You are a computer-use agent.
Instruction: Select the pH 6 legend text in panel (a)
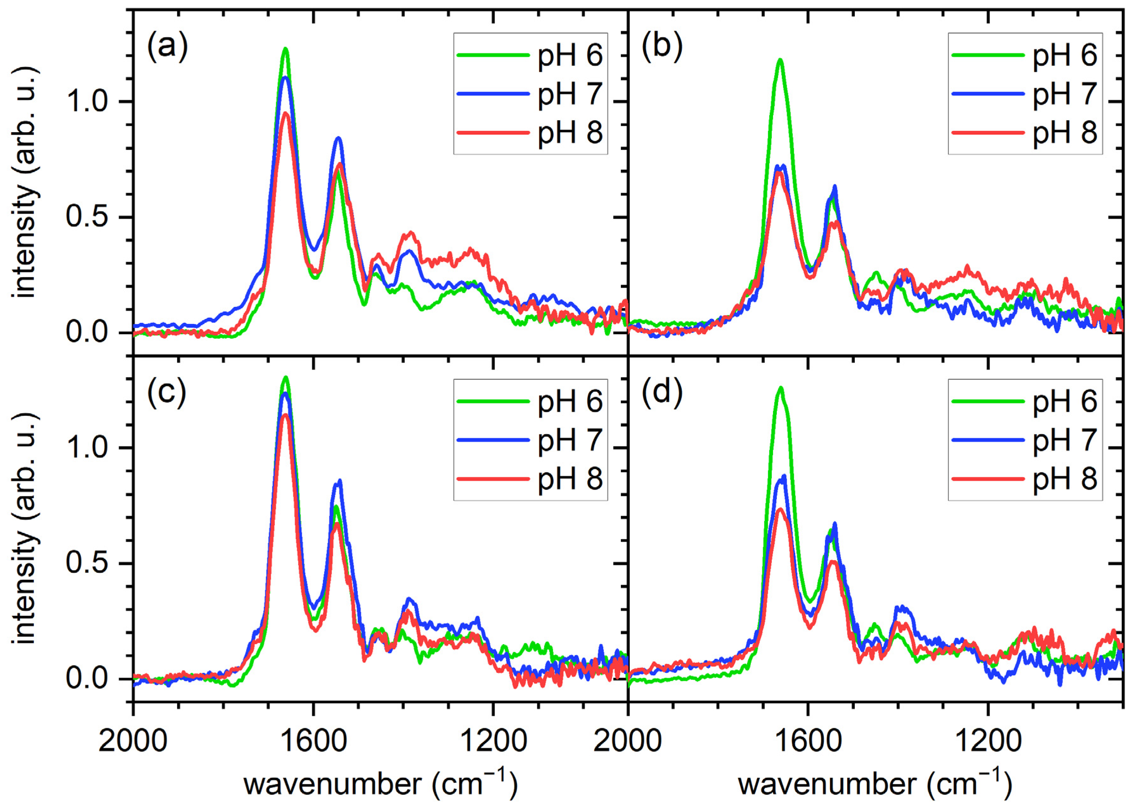point(570,56)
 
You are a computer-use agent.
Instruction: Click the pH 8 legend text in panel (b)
point(1065,133)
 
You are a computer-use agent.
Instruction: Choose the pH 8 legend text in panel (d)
point(1065,479)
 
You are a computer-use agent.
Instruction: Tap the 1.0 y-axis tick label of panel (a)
point(87,102)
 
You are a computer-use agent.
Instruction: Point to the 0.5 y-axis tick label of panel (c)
point(87,564)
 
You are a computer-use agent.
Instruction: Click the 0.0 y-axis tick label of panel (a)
point(87,333)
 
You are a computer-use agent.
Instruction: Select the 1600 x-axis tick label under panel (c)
point(313,741)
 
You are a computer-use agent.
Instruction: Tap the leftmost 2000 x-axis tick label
point(133,741)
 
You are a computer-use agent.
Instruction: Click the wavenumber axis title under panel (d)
point(875,784)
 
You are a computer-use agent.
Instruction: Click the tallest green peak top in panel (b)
point(780,60)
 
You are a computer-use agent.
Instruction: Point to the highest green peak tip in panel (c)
point(285,377)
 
